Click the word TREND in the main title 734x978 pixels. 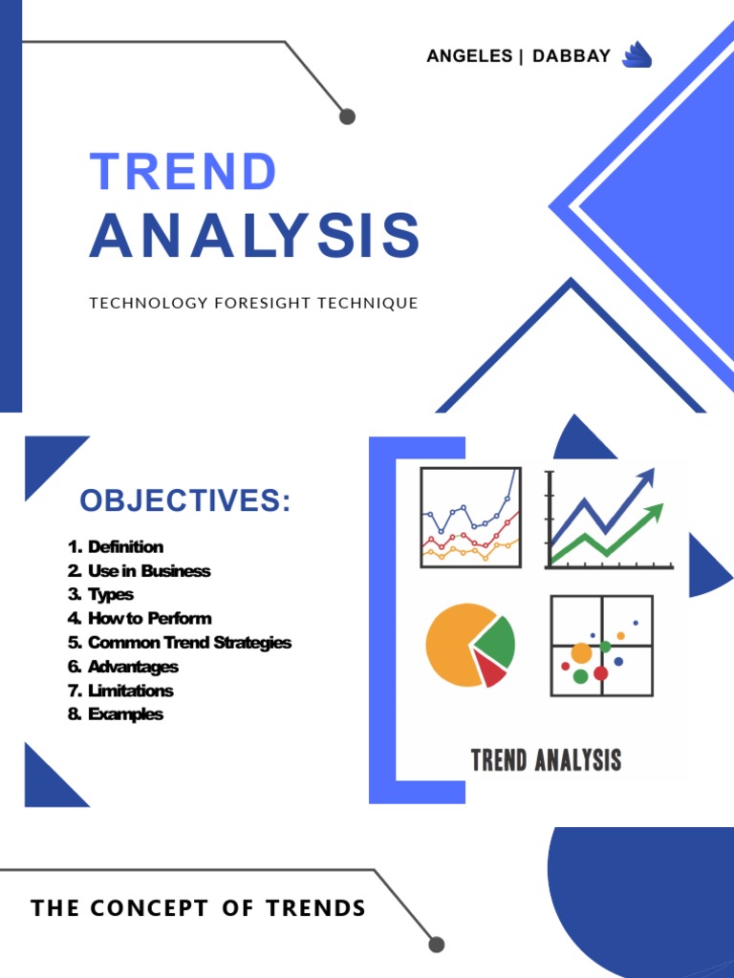point(183,173)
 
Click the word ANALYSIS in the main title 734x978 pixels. point(254,236)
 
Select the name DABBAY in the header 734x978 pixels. point(572,56)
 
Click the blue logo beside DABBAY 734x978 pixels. point(637,56)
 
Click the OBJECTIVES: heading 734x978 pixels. point(184,500)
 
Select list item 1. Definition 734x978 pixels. point(116,547)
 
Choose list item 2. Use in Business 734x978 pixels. point(139,571)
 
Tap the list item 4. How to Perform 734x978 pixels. point(140,619)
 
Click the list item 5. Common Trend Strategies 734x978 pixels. point(180,643)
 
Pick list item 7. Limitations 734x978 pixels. point(120,691)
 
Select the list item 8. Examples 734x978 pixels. point(116,714)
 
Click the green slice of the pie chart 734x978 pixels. point(497,641)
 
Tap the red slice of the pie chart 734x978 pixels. point(493,673)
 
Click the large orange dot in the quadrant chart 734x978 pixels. point(581,653)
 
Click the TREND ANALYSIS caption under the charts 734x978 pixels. point(546,760)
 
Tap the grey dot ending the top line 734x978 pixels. point(347,117)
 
